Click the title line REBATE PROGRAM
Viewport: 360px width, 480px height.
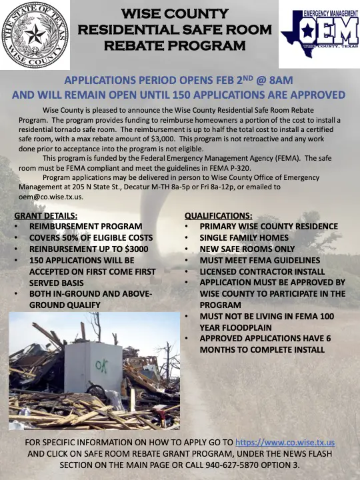pos(175,46)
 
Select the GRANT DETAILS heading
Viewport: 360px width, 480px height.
pos(45,216)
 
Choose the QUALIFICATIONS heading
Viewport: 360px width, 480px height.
pos(218,216)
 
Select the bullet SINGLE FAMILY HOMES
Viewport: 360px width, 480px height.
pos(244,238)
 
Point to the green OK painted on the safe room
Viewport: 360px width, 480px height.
pos(102,365)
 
